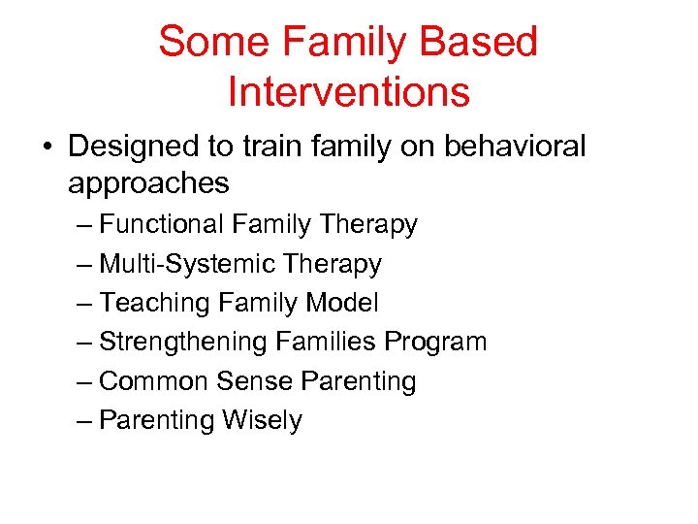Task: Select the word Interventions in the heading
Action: (x=348, y=92)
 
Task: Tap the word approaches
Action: (x=148, y=182)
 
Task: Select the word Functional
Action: (x=162, y=224)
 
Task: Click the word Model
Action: (x=341, y=303)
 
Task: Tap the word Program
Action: (x=436, y=343)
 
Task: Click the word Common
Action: (x=154, y=381)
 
